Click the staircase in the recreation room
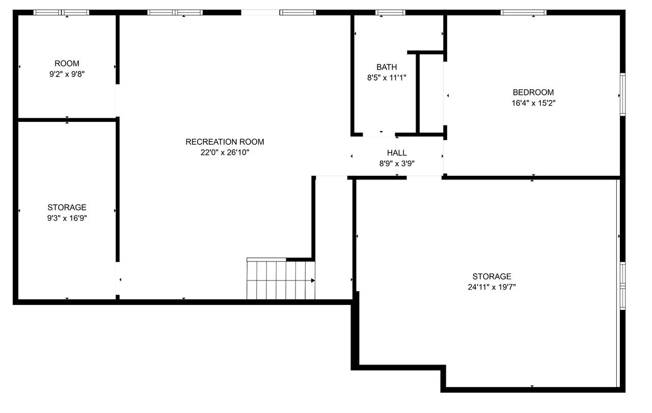coord(281,279)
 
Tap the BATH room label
coord(387,67)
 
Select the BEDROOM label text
coord(533,92)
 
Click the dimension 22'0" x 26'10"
coord(225,152)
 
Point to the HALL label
coord(397,152)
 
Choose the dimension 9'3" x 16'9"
coord(67,218)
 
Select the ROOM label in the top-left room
coord(67,63)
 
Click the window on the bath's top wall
coord(391,12)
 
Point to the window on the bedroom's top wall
coord(523,12)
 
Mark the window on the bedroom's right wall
coord(622,95)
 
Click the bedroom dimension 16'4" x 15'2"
coord(533,103)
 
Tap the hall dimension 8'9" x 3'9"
coord(397,163)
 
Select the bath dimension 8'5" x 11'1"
coord(387,78)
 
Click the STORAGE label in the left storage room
coord(67,208)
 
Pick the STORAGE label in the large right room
coord(491,276)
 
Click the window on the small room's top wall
coord(62,12)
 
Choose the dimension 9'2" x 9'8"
coord(67,74)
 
